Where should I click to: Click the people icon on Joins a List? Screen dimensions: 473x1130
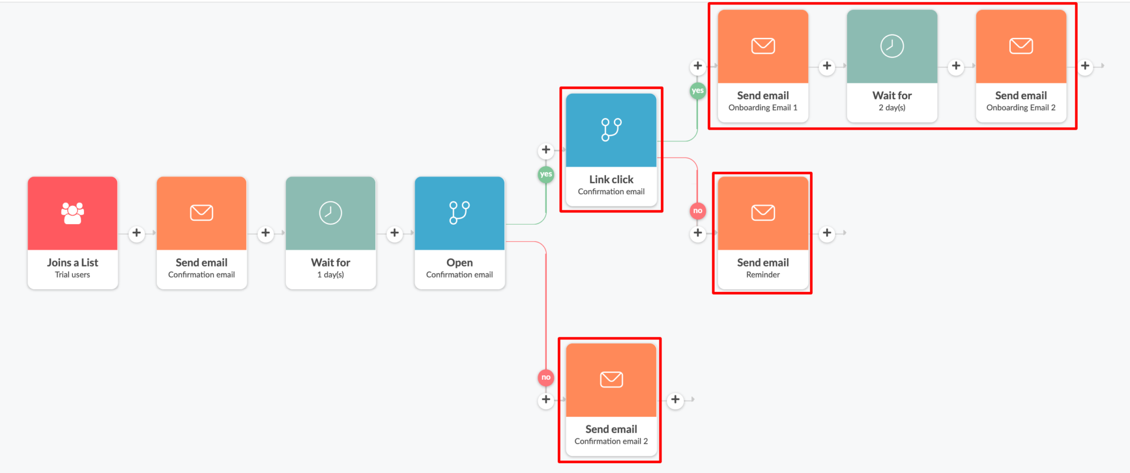pos(72,212)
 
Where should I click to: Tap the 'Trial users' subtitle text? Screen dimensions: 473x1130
pos(72,275)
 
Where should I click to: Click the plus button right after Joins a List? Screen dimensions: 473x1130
pos(136,233)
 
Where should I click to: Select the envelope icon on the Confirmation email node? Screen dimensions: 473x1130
pos(201,212)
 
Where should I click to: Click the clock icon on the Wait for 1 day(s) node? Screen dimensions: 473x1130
pos(331,212)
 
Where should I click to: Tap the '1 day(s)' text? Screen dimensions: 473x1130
pos(331,275)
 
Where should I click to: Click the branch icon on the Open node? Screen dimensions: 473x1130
pos(459,212)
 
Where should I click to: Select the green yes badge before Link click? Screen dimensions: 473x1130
pos(546,174)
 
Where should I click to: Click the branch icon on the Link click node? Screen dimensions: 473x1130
pos(611,130)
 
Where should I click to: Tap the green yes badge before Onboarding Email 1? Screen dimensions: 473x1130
pos(697,91)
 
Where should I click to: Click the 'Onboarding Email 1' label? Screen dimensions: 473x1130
pos(763,108)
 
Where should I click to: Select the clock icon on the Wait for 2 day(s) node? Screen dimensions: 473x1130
pos(892,46)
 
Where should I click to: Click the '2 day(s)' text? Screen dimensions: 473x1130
pos(892,108)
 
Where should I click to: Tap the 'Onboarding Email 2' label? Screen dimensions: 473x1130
pos(1021,108)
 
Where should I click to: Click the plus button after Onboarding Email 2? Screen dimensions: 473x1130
pos(1085,66)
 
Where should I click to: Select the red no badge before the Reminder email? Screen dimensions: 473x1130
pos(697,211)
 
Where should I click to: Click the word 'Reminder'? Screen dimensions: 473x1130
pos(763,275)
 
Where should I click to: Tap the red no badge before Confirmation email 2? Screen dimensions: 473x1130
pos(546,378)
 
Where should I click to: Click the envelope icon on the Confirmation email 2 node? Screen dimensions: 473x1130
pos(611,380)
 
